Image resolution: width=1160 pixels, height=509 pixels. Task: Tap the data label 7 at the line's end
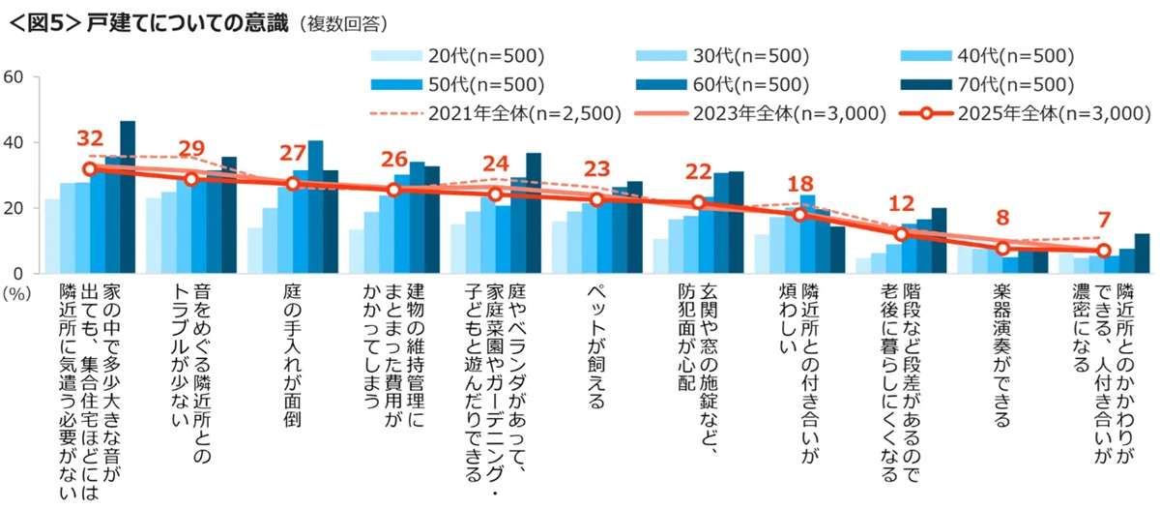(1104, 222)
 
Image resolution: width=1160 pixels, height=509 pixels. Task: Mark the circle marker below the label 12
(901, 234)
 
